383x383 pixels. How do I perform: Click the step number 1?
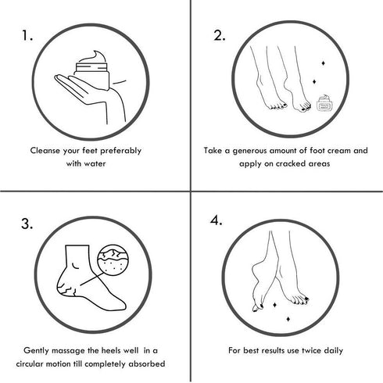tap(28, 35)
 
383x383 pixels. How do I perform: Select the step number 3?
tap(27, 224)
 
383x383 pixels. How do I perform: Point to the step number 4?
tap(218, 221)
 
